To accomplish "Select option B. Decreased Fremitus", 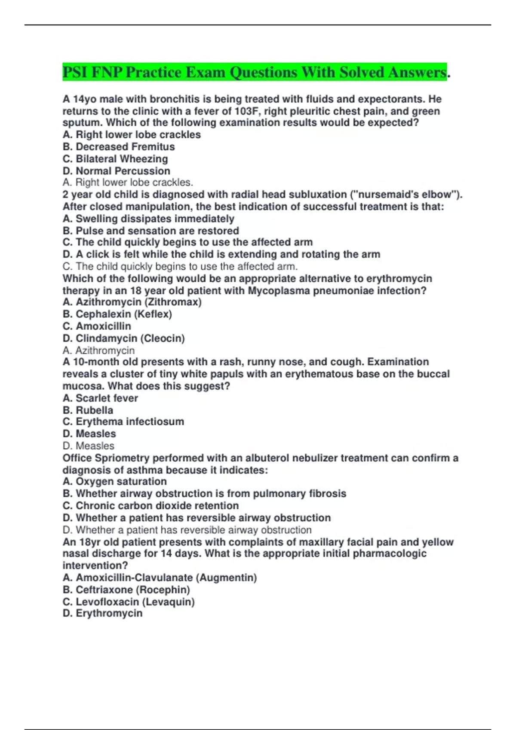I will [x=119, y=147].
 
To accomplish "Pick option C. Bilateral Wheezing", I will [x=115, y=159].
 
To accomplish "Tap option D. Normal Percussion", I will [x=117, y=171].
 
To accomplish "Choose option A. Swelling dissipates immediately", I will [x=148, y=219].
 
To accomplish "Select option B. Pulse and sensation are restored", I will [x=151, y=231].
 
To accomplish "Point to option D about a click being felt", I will [x=221, y=254].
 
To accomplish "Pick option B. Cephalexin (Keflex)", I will [x=117, y=314].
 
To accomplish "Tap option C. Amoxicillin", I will [x=97, y=326].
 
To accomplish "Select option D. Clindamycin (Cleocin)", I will [x=124, y=338].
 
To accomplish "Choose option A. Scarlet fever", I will [x=100, y=398].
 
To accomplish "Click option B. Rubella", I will [x=88, y=410].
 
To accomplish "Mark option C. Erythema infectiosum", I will [x=123, y=422].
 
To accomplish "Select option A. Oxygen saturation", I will [x=115, y=482].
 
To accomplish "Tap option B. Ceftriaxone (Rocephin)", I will [x=126, y=590].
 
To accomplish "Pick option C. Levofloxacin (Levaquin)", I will [x=129, y=602].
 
